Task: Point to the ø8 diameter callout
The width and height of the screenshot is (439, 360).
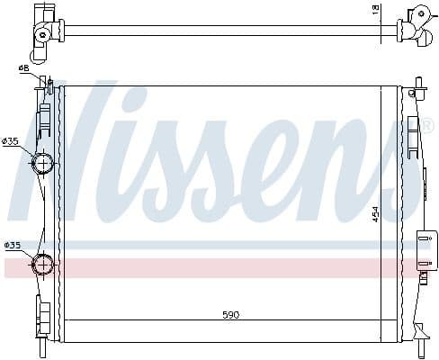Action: (22, 67)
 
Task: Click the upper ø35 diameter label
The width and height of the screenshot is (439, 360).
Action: (11, 140)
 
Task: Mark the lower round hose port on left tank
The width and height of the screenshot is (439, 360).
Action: (42, 264)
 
